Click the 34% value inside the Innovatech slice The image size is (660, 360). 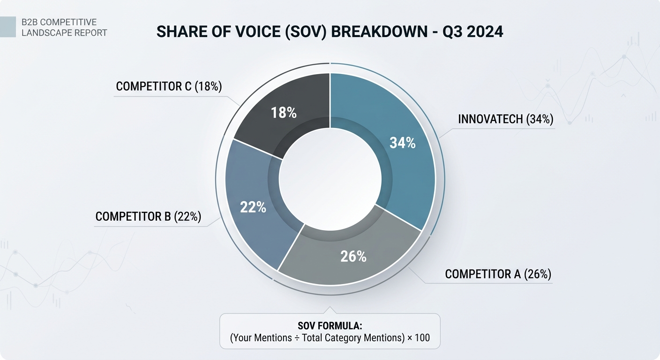click(403, 143)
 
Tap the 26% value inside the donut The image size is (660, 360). click(353, 256)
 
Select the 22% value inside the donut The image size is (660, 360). click(253, 207)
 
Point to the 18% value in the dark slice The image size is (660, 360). click(284, 113)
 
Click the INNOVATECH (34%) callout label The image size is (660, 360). click(505, 119)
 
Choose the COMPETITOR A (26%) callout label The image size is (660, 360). click(498, 274)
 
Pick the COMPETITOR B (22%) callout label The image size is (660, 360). click(148, 217)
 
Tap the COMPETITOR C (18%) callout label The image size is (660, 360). click(169, 87)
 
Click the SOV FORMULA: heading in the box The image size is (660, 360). click(330, 326)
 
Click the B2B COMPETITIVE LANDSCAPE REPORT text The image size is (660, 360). click(64, 27)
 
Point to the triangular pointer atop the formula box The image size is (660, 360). click(330, 310)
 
